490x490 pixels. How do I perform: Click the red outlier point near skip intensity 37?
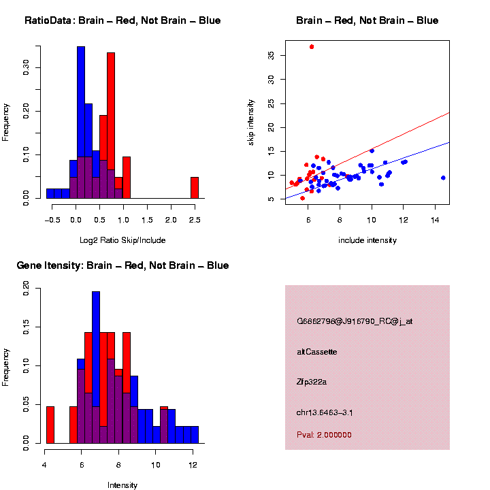coord(312,46)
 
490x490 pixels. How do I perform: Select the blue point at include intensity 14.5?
coord(443,178)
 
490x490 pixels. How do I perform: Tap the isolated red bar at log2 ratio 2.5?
coord(194,188)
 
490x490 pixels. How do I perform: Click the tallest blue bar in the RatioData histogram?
coord(81,122)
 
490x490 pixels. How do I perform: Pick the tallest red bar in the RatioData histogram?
coord(111,125)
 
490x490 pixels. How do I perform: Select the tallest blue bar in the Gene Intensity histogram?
coord(96,367)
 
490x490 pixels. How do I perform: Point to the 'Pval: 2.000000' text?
coord(324,435)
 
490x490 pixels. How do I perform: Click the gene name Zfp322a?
coord(312,382)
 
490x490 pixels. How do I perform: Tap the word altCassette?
coord(316,352)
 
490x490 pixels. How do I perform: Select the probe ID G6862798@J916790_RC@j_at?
coord(354,321)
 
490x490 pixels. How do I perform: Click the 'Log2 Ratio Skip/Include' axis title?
coord(122,240)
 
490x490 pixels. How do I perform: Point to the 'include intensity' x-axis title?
coord(367,240)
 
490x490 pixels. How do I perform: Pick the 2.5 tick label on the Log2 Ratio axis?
coord(194,220)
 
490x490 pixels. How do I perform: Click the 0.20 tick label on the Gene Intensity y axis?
coord(27,289)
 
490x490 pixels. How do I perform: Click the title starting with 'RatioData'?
coord(122,20)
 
